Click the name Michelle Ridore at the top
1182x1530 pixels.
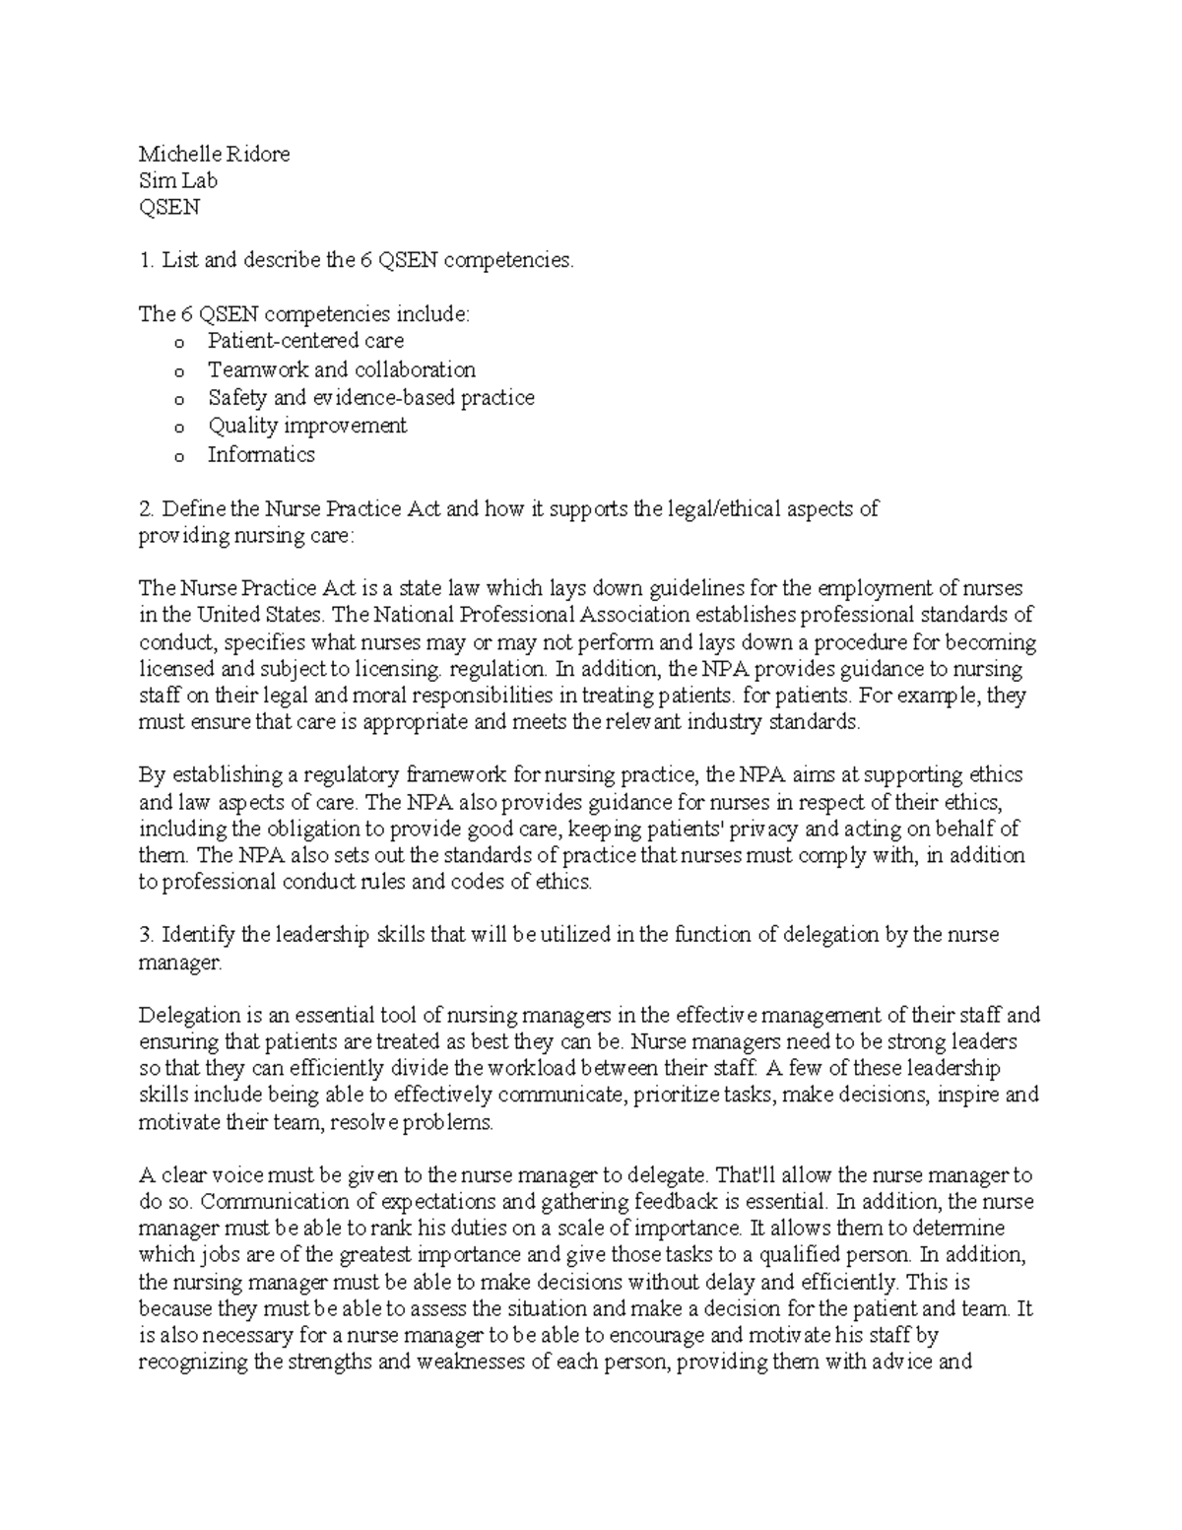pyautogui.click(x=214, y=154)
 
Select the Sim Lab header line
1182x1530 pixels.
pyautogui.click(x=177, y=180)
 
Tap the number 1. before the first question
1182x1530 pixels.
pyautogui.click(x=147, y=260)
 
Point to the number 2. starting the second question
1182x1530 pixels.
pyautogui.click(x=148, y=509)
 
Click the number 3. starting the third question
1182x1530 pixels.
pyautogui.click(x=148, y=934)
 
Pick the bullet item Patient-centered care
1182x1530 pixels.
pyautogui.click(x=305, y=341)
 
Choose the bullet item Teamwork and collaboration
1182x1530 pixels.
pyautogui.click(x=341, y=369)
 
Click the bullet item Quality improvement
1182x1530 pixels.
pyautogui.click(x=306, y=426)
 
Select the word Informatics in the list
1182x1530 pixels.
pyautogui.click(x=261, y=454)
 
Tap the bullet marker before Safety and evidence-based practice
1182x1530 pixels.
pyautogui.click(x=178, y=400)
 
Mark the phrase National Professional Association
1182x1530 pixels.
pyautogui.click(x=532, y=616)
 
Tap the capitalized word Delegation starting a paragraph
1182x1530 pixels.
pyautogui.click(x=189, y=1015)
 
